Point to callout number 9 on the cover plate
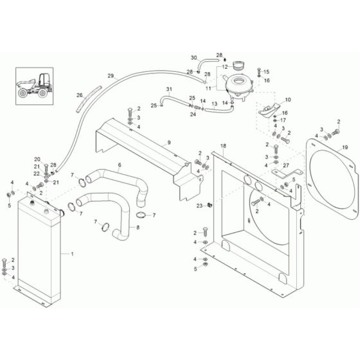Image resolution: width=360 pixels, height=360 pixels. [x=169, y=141]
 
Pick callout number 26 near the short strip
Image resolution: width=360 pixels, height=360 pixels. [x=80, y=96]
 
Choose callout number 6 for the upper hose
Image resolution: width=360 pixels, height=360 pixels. [x=120, y=165]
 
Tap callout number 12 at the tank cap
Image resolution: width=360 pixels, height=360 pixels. [x=225, y=66]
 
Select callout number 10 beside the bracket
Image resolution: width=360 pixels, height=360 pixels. [x=287, y=100]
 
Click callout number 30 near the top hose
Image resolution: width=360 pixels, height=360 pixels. [x=194, y=58]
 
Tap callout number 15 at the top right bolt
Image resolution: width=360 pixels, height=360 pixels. [x=267, y=71]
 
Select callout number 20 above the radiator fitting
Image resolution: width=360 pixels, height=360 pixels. [x=37, y=159]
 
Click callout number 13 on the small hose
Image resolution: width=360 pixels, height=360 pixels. [x=197, y=103]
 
